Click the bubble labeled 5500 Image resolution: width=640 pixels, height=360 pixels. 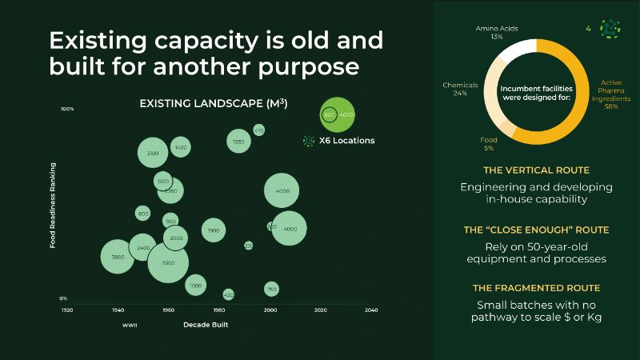pos(168,262)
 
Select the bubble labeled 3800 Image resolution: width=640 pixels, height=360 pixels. pos(118,258)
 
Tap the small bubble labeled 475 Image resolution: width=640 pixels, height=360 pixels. pos(259,130)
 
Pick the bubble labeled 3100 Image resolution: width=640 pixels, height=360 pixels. pos(153,152)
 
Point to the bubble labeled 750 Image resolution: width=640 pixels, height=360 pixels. pos(271,289)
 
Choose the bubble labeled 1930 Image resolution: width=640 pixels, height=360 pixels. pos(238,142)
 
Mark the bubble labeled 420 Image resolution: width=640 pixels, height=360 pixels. pos(229,294)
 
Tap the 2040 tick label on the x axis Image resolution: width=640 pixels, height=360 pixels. pos(371,310)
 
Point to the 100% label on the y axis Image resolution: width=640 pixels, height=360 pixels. pos(67,109)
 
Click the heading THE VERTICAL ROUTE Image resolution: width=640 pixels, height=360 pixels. pos(536,170)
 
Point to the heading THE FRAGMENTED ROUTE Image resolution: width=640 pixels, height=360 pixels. pos(536,288)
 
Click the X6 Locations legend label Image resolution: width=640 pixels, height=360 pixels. pos(346,141)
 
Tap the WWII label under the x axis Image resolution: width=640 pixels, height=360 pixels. pos(130,326)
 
